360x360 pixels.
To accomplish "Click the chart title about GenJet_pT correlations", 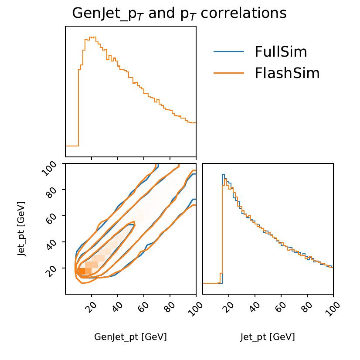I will click(179, 13).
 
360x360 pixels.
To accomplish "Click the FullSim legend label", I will click(281, 52).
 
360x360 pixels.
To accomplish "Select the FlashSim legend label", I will click(287, 73).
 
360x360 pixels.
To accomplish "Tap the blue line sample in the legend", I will click(229, 52).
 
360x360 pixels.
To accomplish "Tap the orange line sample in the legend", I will click(229, 73).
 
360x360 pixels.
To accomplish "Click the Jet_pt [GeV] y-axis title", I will click(22, 228).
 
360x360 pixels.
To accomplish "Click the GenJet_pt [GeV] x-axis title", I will click(130, 337).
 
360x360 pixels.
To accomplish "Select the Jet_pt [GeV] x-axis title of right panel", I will click(268, 337).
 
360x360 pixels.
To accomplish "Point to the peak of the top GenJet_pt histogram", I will click(92, 37).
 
